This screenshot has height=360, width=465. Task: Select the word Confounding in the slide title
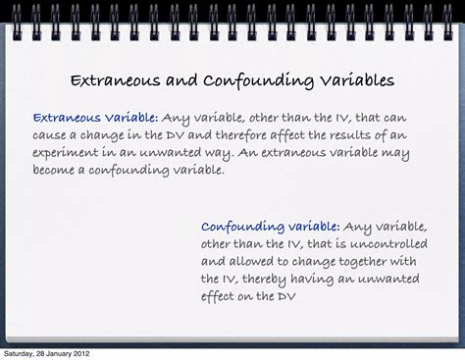click(x=239, y=79)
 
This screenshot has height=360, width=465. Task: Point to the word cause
click(x=52, y=133)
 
